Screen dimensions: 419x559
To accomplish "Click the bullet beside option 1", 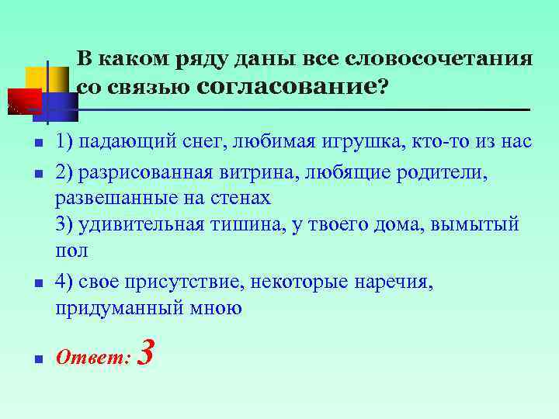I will click(x=36, y=144).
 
